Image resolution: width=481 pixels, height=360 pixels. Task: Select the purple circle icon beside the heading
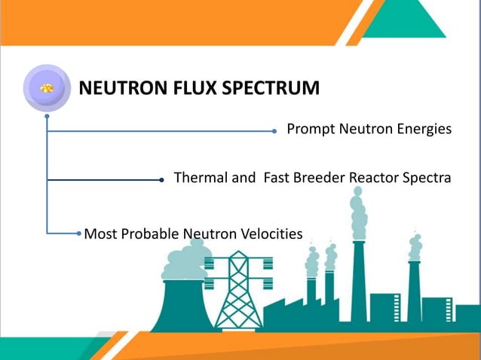pos(47,88)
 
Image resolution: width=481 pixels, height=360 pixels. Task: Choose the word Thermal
pos(200,178)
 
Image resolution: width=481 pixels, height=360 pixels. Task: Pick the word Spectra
pos(425,178)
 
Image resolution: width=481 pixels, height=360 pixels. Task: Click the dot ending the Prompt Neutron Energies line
pos(274,130)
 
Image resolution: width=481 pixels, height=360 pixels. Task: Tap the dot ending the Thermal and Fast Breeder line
pos(162,180)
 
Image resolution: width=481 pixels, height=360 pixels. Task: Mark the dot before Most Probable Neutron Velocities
pos(78,233)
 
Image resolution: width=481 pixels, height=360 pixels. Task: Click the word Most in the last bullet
pos(98,233)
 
